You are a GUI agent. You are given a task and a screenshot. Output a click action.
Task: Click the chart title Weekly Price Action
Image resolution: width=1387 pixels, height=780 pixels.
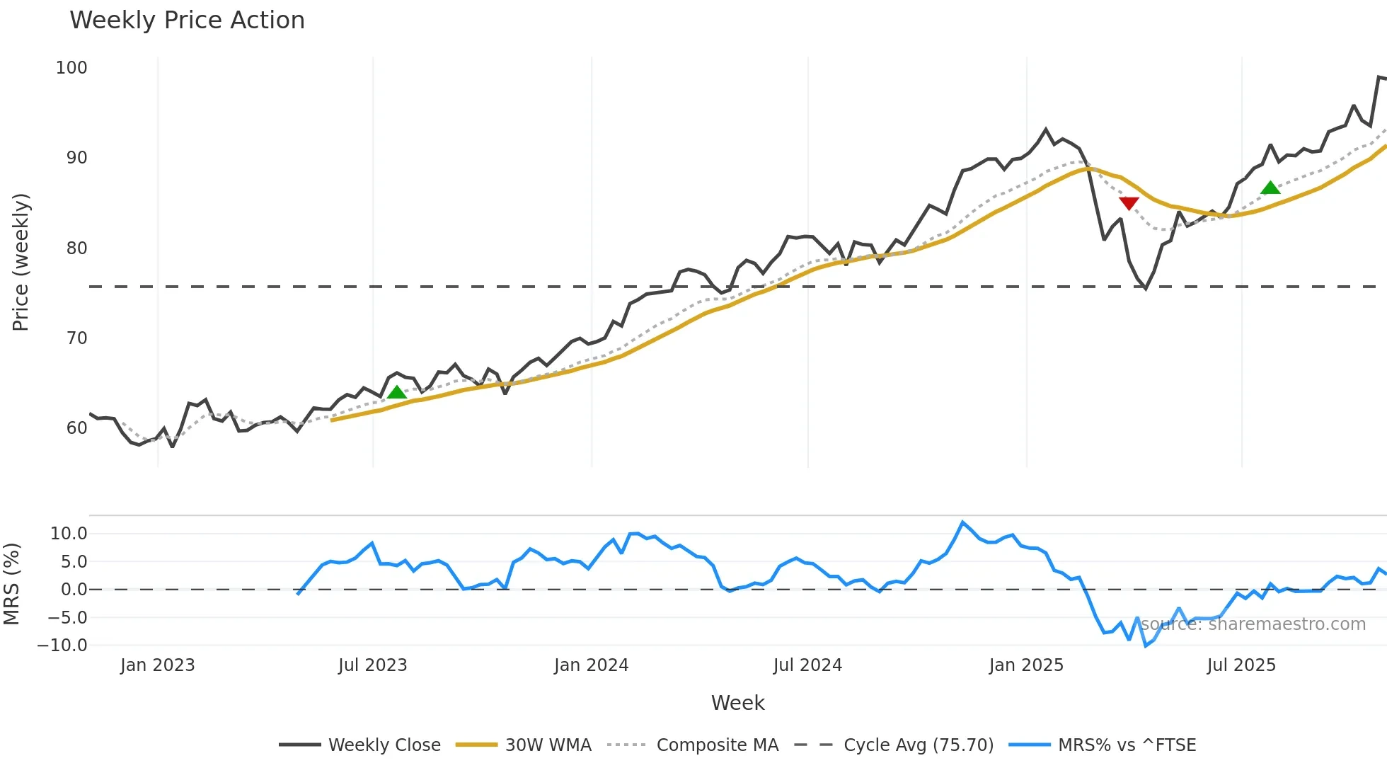(187, 21)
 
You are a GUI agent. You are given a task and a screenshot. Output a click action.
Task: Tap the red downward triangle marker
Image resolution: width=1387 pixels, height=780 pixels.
(1129, 204)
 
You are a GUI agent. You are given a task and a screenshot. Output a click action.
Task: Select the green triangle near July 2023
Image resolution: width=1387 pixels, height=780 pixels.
(397, 392)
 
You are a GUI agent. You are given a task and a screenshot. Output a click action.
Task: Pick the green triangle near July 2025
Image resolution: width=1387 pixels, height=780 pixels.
(1270, 188)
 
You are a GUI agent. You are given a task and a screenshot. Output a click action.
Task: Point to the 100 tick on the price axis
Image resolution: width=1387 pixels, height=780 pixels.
(71, 68)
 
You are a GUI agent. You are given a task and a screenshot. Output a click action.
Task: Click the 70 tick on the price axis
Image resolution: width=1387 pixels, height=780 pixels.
(76, 338)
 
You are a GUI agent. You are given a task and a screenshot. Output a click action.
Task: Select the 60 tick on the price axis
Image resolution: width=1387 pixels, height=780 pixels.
(76, 428)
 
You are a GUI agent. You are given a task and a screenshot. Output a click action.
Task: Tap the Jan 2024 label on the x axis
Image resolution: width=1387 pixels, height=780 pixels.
(591, 665)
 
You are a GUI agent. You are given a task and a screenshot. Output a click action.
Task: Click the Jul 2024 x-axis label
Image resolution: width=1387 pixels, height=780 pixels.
(807, 665)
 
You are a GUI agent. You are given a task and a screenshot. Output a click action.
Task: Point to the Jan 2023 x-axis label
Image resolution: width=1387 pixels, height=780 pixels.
(157, 665)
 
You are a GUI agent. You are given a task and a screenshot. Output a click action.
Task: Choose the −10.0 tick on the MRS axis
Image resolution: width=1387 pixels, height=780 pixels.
(62, 646)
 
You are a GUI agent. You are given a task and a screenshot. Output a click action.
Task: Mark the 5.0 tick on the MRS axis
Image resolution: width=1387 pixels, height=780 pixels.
(74, 562)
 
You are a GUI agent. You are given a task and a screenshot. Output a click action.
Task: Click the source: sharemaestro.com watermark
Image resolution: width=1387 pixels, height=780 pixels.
(1253, 624)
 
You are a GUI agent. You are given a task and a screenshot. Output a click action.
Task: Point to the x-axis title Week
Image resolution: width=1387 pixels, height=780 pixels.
(737, 703)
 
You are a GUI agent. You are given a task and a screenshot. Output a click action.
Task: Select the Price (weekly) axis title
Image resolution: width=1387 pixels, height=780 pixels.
(21, 262)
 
